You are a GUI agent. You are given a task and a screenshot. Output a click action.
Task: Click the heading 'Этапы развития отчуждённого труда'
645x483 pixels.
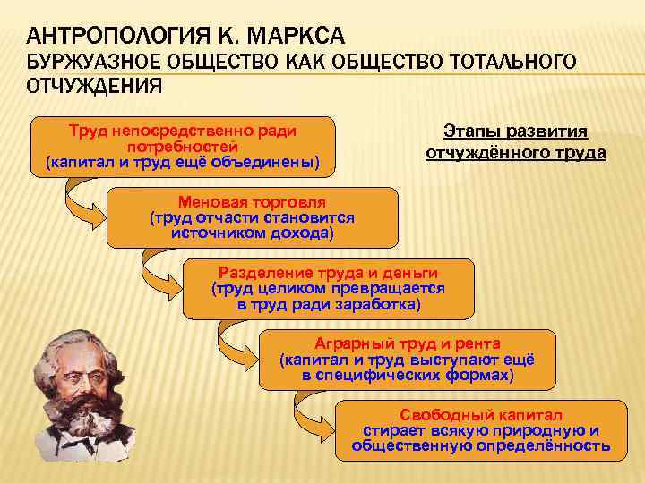tap(515, 142)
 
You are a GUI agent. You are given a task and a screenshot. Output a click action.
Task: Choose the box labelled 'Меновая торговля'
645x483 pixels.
tap(252, 217)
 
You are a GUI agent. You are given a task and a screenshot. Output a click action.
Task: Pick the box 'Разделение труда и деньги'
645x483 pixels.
tap(328, 289)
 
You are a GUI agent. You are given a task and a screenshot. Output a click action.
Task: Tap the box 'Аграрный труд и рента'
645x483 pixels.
tap(407, 359)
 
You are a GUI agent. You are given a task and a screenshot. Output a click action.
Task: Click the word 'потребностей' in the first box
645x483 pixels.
tap(183, 147)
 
